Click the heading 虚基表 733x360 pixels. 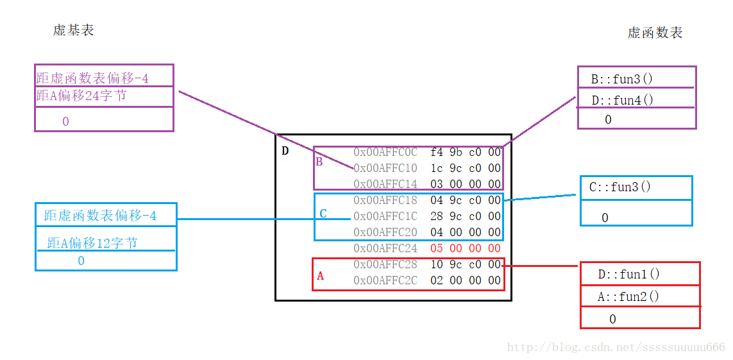pos(74,30)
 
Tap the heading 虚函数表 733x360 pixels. pos(655,32)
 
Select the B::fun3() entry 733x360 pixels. pos(622,79)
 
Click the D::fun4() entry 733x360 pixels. pos(622,99)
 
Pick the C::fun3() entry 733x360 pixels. pos(620,187)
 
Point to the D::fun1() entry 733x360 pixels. pos(628,274)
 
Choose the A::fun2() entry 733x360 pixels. pos(628,296)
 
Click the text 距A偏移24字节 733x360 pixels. pos(81,96)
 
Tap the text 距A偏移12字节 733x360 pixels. pos(92,243)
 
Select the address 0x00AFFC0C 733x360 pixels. pos(385,152)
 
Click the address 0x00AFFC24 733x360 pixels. pos(385,248)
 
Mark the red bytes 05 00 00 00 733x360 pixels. pos(466,248)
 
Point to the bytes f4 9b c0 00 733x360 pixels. pos(466,152)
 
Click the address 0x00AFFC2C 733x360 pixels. pos(385,280)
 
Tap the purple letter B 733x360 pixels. pos(319,163)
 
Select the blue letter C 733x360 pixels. pos(323,214)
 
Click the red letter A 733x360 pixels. pos(320,277)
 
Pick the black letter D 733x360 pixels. pos(285,151)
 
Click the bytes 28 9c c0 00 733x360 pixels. pos(466,216)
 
